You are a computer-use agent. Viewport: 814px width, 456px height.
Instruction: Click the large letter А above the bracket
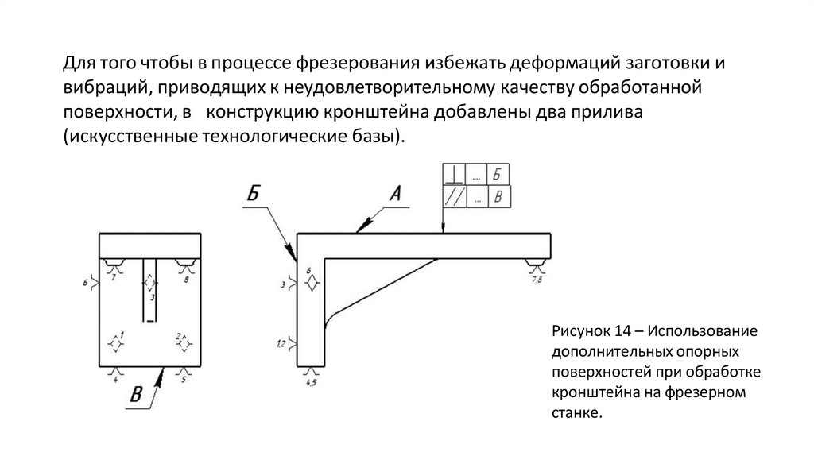point(396,193)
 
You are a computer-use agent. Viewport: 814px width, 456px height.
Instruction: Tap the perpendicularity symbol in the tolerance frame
point(454,175)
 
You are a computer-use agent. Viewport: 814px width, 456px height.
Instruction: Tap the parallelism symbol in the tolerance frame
point(454,197)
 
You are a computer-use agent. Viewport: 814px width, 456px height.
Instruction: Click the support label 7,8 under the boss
point(537,279)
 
